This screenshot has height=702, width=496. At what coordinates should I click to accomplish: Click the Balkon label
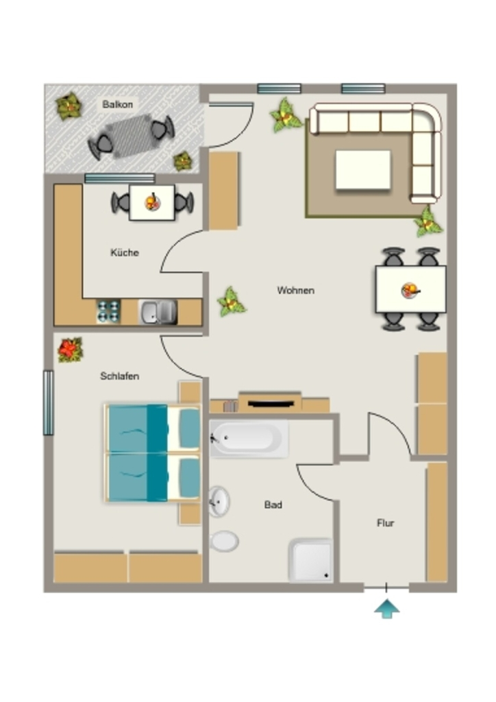click(117, 104)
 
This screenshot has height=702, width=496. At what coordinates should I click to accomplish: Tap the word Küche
click(124, 252)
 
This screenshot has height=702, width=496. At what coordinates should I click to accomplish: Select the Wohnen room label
click(296, 290)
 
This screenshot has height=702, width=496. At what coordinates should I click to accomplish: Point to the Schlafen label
click(119, 376)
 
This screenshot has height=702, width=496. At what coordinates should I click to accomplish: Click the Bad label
click(273, 505)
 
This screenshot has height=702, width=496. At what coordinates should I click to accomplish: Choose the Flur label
click(385, 523)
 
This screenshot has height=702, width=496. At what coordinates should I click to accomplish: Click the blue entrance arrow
click(387, 609)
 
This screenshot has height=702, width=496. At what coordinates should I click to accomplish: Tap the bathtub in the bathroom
click(249, 438)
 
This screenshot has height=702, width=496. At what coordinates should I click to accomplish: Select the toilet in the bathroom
click(223, 542)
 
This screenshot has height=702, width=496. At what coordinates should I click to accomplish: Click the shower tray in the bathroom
click(311, 561)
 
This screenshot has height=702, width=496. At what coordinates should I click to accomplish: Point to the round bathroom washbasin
click(219, 501)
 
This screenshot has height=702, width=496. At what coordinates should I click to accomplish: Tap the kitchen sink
click(158, 312)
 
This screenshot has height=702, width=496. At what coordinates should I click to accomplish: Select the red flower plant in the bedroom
click(70, 350)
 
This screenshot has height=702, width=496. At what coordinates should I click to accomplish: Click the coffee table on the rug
click(363, 170)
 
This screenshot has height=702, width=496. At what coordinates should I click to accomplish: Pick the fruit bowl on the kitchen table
click(153, 202)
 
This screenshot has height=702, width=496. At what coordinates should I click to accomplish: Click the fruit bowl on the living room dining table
click(410, 290)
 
